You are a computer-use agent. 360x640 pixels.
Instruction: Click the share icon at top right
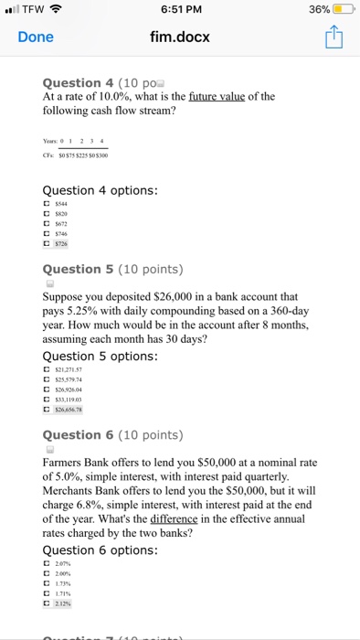pos(331,37)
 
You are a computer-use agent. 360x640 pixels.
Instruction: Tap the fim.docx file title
pos(179,37)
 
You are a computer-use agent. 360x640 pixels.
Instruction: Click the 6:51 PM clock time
pos(179,10)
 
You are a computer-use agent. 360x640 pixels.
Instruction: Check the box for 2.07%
pos(48,564)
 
